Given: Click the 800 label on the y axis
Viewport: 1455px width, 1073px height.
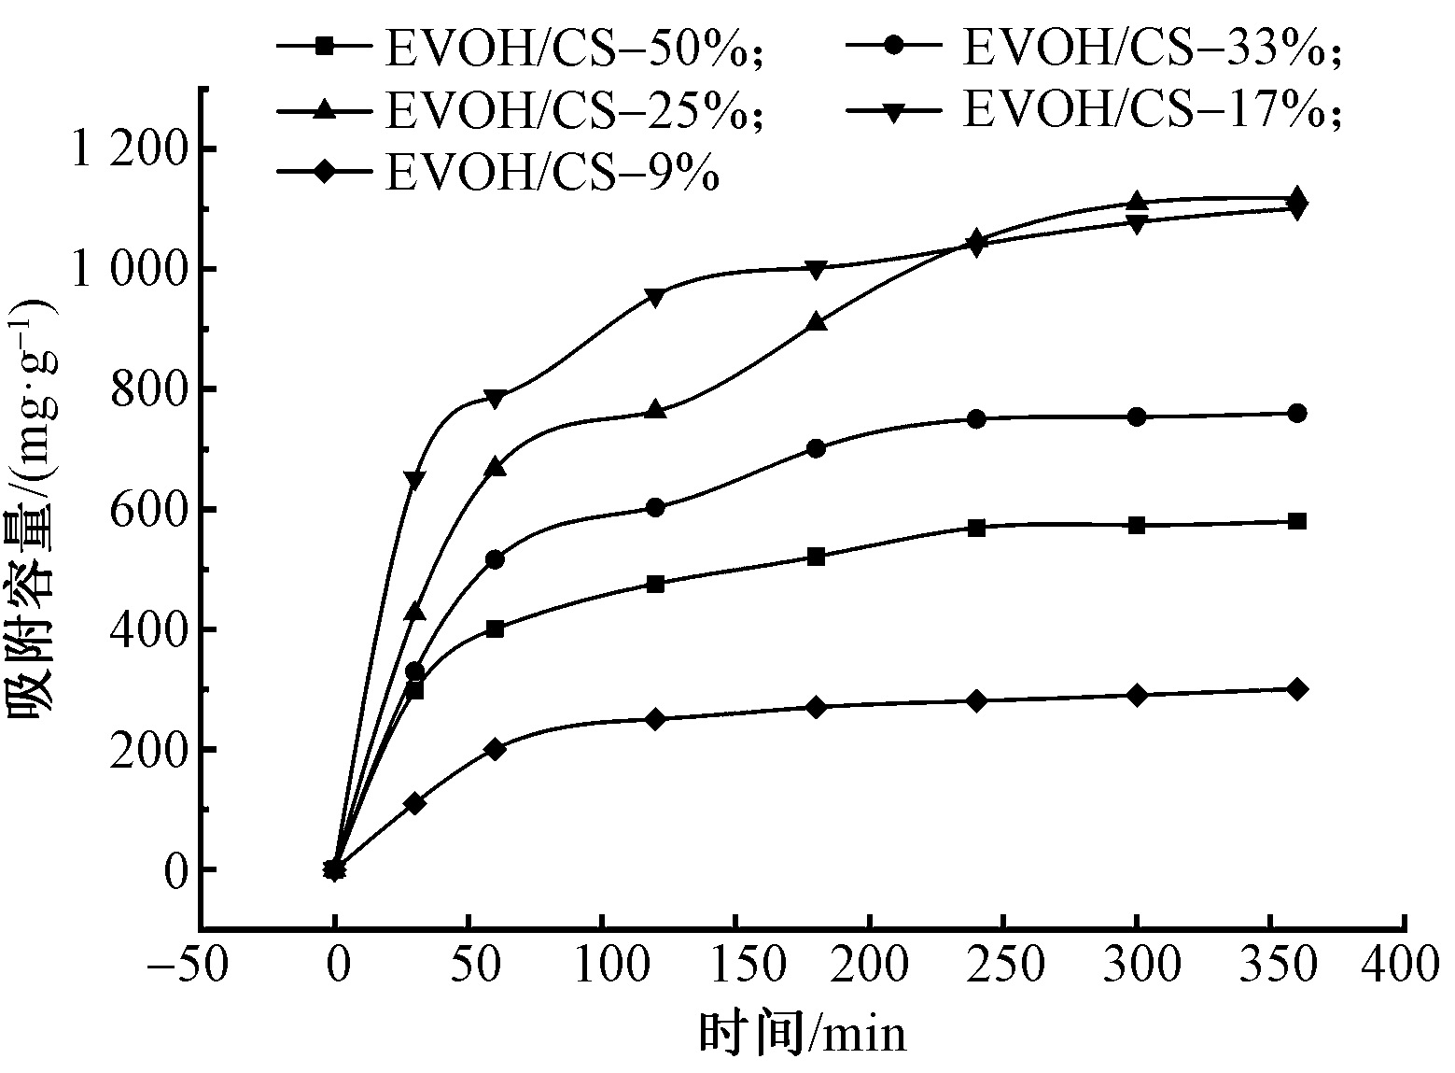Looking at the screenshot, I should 149,389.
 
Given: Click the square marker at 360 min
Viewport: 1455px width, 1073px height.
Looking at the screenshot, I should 1296,521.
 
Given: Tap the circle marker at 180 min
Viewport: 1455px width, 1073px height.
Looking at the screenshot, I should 816,448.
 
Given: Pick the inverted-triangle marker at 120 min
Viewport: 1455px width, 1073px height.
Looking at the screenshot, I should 655,298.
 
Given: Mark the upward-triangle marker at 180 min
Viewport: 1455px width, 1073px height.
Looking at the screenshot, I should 816,322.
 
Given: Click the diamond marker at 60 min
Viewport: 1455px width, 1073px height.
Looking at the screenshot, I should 495,749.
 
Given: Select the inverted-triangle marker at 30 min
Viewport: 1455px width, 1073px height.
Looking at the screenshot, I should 414,480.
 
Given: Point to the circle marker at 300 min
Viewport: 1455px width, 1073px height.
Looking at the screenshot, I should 1137,416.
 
